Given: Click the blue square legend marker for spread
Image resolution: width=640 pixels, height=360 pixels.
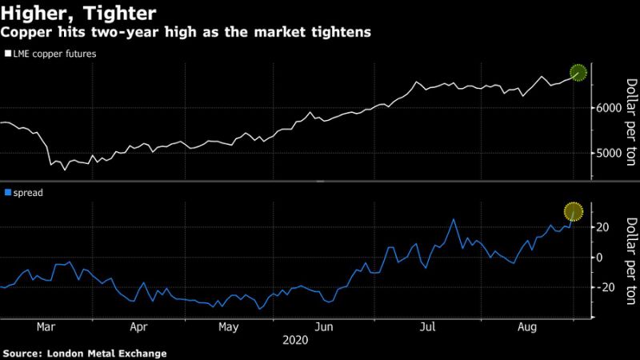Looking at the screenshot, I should [x=7, y=193].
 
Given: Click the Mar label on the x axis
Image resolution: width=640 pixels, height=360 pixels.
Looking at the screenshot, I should [x=46, y=326].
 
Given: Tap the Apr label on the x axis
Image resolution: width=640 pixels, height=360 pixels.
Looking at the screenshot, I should [x=138, y=326].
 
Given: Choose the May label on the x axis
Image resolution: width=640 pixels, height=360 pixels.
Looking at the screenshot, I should [x=230, y=326].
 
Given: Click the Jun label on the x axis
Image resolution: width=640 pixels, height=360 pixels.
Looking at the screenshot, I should [x=323, y=326].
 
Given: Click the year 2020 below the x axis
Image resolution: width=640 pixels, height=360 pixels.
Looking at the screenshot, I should [x=297, y=340].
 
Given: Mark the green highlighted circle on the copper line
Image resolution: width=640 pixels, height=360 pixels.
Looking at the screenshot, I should [x=578, y=73].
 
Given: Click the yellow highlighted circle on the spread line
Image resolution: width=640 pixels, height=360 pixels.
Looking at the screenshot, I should [x=574, y=212].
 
